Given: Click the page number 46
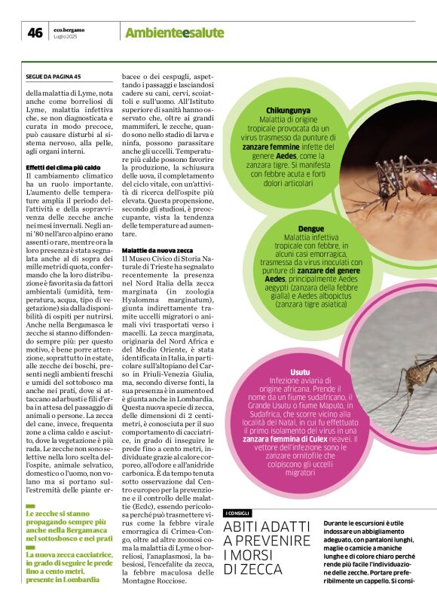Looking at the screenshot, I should pyautogui.click(x=35, y=32).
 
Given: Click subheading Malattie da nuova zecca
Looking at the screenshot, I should pyautogui.click(x=157, y=249).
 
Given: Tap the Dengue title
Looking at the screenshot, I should pyautogui.click(x=311, y=227).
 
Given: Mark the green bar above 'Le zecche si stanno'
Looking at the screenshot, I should pyautogui.click(x=30, y=505).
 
